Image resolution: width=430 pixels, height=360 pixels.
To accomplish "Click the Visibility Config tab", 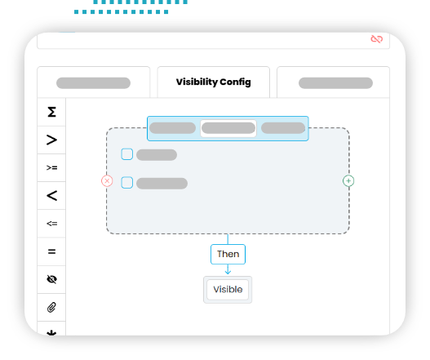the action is (x=213, y=82).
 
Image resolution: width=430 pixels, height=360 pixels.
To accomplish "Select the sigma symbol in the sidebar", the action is (x=52, y=112).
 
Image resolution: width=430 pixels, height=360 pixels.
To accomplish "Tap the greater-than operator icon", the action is (x=52, y=140).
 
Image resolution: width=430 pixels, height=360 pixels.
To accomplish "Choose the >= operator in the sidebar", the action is (x=52, y=167).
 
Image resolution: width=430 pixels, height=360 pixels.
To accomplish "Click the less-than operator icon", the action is (x=52, y=196).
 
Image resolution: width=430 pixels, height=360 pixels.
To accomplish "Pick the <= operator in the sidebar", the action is (x=52, y=224).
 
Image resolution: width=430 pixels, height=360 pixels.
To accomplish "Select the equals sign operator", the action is (x=52, y=251).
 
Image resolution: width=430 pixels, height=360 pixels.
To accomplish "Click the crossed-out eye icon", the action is (x=52, y=279).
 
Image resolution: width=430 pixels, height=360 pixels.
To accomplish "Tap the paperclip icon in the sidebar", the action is (x=52, y=307).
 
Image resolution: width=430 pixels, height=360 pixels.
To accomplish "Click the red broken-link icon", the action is (x=376, y=39).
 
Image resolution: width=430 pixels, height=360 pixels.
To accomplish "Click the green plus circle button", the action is (x=348, y=181).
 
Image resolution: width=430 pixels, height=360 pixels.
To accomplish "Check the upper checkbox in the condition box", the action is (x=127, y=154).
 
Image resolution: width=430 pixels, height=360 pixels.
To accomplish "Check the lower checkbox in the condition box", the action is (x=127, y=183).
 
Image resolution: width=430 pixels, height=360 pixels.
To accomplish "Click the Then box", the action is (x=228, y=254).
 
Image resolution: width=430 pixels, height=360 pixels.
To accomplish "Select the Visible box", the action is (x=228, y=290).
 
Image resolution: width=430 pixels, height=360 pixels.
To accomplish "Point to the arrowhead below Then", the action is (x=228, y=273).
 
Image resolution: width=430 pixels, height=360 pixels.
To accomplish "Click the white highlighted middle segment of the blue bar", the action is (x=228, y=128).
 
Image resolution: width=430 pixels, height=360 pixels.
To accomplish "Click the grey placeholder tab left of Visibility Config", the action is (x=93, y=83).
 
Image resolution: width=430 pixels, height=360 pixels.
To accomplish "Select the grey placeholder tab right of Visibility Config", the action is (x=335, y=83).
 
